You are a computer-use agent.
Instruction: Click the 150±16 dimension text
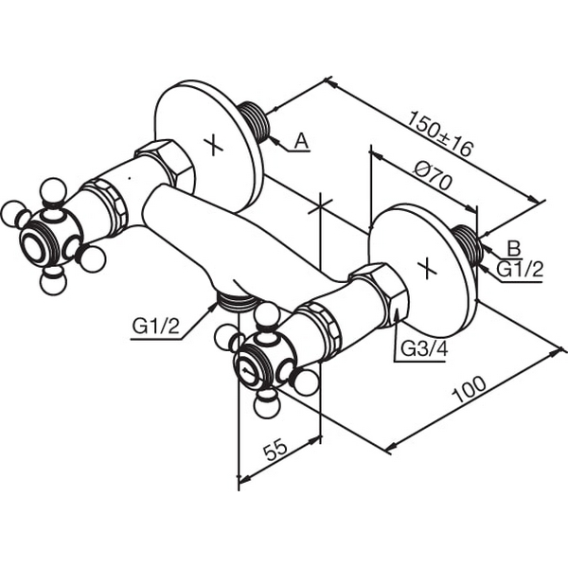coord(441,133)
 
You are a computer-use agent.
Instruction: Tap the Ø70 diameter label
coord(433,176)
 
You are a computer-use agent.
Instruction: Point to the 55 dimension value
coord(276,450)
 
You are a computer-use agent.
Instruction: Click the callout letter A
coord(301,141)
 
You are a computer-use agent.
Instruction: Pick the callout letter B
coord(513,248)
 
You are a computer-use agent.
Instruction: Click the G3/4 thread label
coord(424,348)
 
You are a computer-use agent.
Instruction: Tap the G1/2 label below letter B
coord(520,269)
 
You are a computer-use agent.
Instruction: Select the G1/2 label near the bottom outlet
coord(156,327)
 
